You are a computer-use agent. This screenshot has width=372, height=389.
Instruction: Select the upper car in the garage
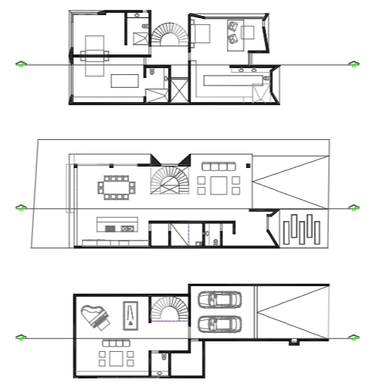(219, 300)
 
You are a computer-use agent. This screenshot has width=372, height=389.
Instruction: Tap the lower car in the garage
(219, 325)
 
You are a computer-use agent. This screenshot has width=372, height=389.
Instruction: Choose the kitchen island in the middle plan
(116, 224)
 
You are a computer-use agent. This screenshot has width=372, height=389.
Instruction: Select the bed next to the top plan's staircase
(201, 33)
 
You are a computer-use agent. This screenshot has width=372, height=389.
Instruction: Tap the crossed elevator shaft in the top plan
(180, 90)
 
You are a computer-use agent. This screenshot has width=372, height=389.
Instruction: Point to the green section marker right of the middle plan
(352, 207)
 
